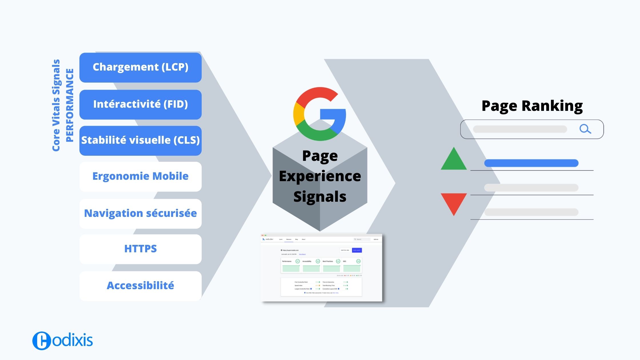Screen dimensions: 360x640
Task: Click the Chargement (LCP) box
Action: click(x=140, y=67)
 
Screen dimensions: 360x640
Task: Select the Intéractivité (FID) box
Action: click(x=140, y=105)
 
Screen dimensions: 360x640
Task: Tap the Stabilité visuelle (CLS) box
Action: click(x=140, y=141)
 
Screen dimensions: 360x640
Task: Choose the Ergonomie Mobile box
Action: click(x=140, y=177)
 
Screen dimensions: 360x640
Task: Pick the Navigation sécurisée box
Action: click(x=140, y=213)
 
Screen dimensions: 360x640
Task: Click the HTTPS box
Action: click(x=140, y=249)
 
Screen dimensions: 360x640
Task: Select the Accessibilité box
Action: click(x=140, y=286)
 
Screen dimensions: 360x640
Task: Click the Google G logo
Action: click(x=320, y=114)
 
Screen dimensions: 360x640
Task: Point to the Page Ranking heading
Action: click(x=532, y=106)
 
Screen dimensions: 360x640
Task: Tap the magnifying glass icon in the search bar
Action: click(x=585, y=129)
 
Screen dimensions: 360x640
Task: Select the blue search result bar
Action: click(x=531, y=163)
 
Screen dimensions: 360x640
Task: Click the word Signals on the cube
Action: click(x=320, y=197)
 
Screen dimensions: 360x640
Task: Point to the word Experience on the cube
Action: click(x=320, y=176)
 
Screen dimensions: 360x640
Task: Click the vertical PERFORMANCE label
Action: click(x=70, y=105)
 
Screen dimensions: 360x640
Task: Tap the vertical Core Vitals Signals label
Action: click(x=56, y=105)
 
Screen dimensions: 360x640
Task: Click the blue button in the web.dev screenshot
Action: click(x=357, y=250)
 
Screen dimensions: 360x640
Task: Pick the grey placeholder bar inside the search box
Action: click(x=520, y=129)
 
